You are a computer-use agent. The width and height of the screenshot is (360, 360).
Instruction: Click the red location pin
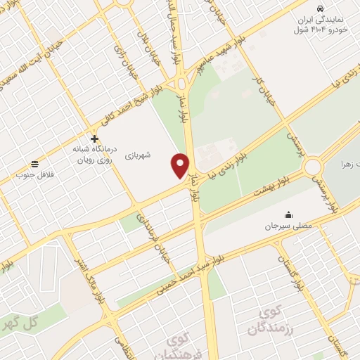coord(181,165)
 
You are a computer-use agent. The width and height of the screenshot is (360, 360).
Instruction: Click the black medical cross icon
coord(95,139)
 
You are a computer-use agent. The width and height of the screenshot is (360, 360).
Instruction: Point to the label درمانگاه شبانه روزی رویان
coord(94,155)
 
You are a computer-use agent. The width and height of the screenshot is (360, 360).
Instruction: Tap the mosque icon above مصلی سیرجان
coord(288,214)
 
